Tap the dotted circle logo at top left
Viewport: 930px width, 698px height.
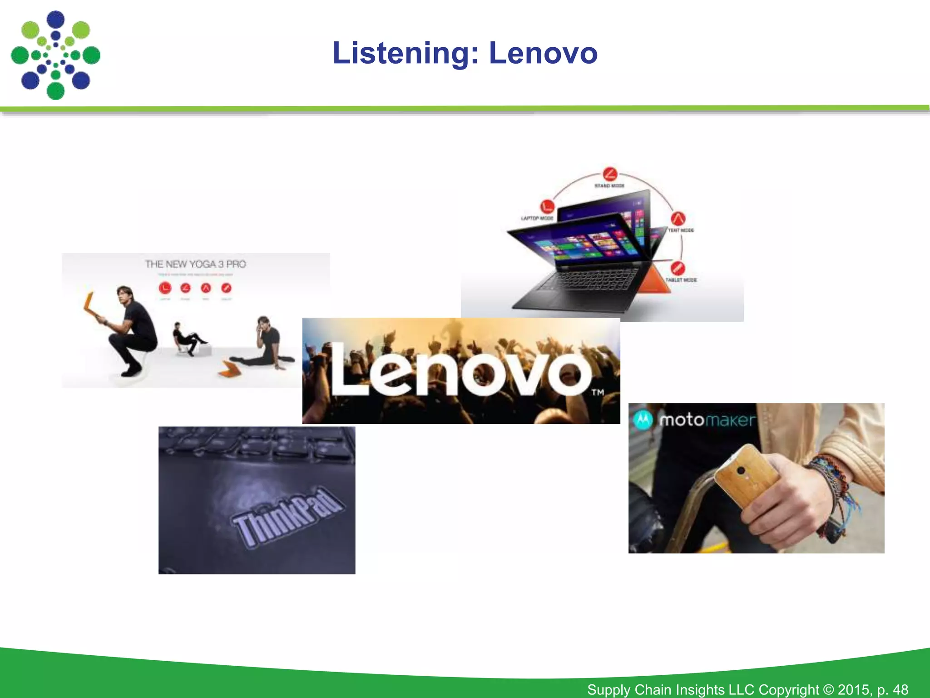pyautogui.click(x=55, y=55)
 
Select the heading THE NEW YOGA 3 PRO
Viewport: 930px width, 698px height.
pyautogui.click(x=195, y=264)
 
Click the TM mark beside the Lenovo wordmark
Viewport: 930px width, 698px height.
pyautogui.click(x=597, y=392)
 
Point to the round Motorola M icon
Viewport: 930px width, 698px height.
pyautogui.click(x=643, y=419)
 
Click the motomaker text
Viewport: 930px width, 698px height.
pyautogui.click(x=707, y=420)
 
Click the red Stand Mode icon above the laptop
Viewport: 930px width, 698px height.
pyautogui.click(x=610, y=174)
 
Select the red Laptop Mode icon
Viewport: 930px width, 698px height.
pyautogui.click(x=547, y=206)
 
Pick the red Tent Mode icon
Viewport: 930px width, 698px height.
pyautogui.click(x=678, y=219)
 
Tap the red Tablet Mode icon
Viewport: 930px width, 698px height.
pyautogui.click(x=677, y=268)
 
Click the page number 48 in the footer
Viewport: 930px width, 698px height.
pyautogui.click(x=900, y=689)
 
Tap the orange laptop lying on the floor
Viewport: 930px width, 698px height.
pyautogui.click(x=229, y=369)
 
